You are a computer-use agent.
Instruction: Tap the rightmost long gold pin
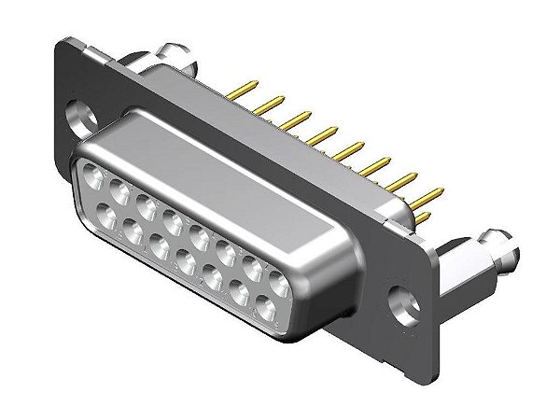[431, 196]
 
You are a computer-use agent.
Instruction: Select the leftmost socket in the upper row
[93, 174]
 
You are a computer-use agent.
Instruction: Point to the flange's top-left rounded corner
[67, 44]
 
